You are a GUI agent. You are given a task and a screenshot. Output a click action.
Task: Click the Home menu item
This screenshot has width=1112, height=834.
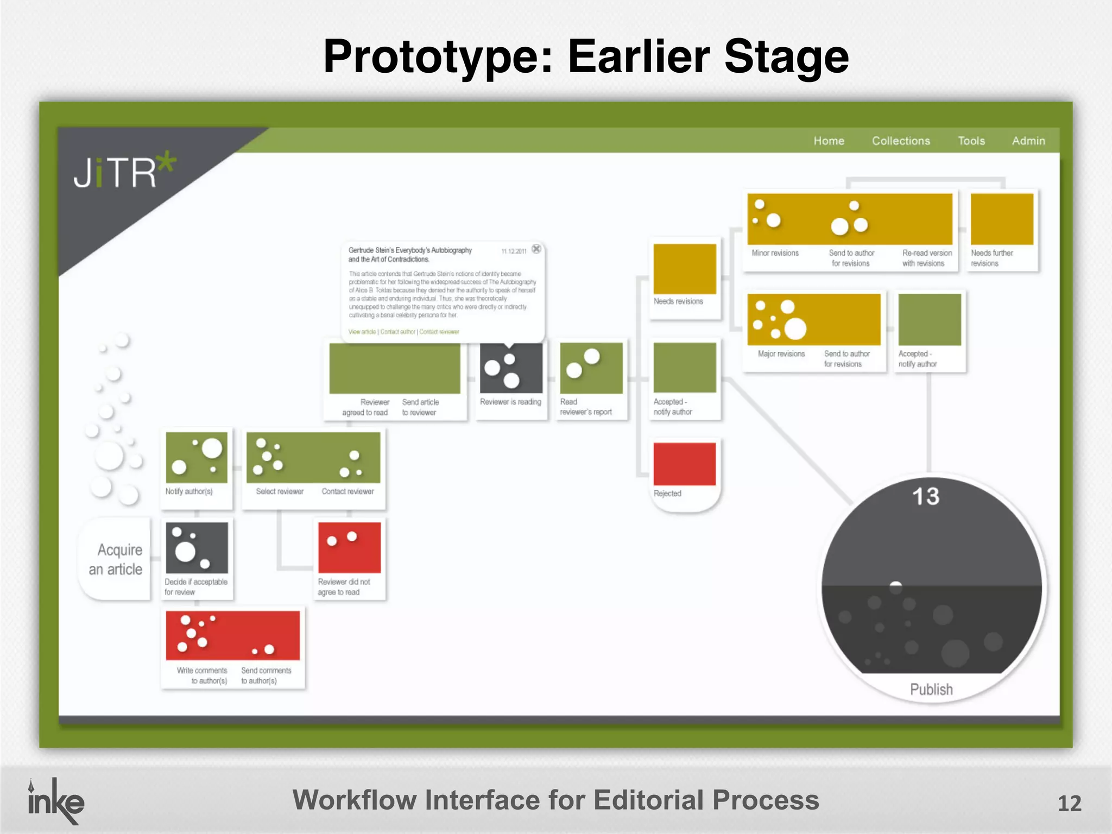[829, 141]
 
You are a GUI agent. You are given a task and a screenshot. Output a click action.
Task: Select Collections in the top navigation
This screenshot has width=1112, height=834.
[901, 141]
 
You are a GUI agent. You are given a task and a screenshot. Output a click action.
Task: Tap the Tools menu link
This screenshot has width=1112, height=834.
[971, 141]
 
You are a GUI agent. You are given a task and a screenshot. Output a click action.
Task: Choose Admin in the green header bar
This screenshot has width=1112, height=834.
[1028, 141]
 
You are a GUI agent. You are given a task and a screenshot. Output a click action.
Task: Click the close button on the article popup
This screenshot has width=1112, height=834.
[536, 249]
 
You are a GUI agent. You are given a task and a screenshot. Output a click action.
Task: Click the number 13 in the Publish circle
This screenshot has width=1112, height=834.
[925, 496]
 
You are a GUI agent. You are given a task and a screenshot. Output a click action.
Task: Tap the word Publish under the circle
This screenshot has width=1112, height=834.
[931, 690]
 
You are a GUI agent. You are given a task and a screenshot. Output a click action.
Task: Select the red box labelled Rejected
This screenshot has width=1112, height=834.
[684, 464]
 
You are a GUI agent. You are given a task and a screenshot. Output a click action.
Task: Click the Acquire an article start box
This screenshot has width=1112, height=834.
[115, 559]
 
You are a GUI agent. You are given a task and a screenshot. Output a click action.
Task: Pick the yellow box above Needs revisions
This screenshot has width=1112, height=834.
[684, 269]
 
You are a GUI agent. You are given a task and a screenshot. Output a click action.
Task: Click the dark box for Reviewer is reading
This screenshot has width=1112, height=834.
[510, 368]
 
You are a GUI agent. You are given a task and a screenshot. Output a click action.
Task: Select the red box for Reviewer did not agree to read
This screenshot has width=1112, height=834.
[349, 547]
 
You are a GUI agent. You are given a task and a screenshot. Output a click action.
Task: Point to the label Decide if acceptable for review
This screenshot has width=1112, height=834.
[195, 587]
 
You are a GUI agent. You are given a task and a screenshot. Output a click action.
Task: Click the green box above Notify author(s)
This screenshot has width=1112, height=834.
[197, 457]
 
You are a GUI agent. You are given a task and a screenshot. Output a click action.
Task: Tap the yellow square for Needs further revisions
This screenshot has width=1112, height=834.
[1002, 219]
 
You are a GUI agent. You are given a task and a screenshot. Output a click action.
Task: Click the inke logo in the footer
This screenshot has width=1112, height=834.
[55, 801]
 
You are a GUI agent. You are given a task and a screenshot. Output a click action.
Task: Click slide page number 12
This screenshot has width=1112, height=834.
[1069, 804]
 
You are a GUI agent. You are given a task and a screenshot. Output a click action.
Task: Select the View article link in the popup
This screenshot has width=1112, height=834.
[362, 332]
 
